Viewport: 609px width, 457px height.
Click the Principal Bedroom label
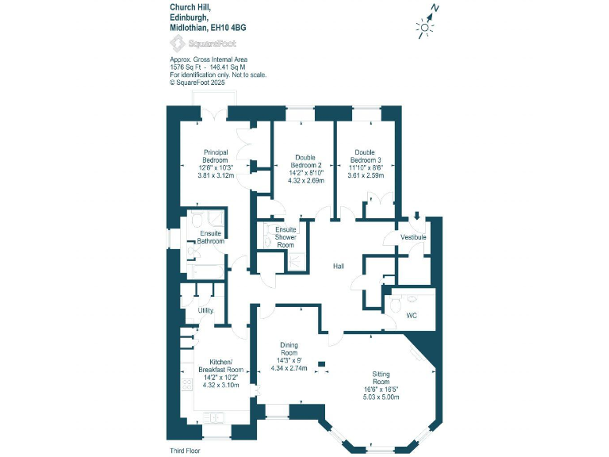pyautogui.click(x=216, y=156)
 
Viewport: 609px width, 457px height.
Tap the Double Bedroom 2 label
pyautogui.click(x=305, y=162)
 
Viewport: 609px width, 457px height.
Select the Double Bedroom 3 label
pyautogui.click(x=365, y=156)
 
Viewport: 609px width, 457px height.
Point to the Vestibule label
pyautogui.click(x=413, y=237)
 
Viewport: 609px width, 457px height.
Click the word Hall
pyautogui.click(x=339, y=267)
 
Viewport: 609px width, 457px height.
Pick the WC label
pyautogui.click(x=412, y=316)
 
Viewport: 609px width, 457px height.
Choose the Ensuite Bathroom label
pyautogui.click(x=211, y=237)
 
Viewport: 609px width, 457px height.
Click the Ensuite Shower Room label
pyautogui.click(x=285, y=237)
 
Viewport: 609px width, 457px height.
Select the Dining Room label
pyautogui.click(x=289, y=349)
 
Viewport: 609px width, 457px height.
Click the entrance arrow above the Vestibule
pyautogui.click(x=417, y=216)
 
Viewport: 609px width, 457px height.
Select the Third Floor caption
pyautogui.click(x=184, y=450)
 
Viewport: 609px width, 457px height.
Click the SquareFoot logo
pyautogui.click(x=191, y=44)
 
